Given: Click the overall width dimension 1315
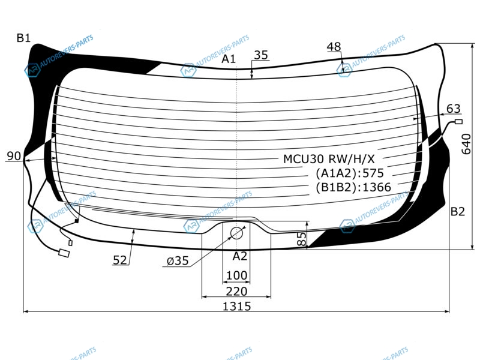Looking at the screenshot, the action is (236, 306).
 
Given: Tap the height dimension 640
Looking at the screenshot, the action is (466, 144).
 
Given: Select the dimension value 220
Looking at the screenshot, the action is (236, 291).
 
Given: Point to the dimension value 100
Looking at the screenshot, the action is (236, 275).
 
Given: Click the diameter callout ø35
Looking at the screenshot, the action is (178, 261).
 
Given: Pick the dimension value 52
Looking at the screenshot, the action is (119, 260).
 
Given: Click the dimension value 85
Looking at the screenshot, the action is (302, 238).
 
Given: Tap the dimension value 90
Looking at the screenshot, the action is (14, 156).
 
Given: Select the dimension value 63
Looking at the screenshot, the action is (454, 109).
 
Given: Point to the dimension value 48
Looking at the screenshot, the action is (334, 47).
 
